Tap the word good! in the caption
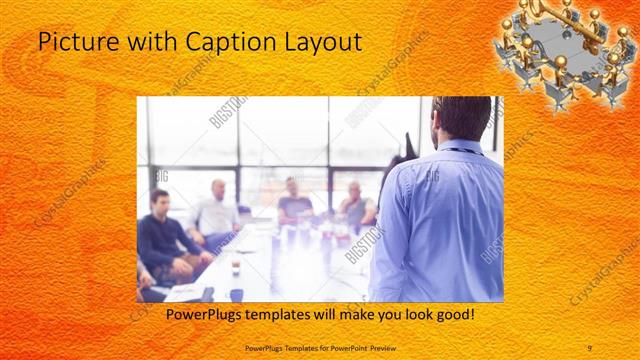tap(451, 316)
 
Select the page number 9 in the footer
tap(590, 345)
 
